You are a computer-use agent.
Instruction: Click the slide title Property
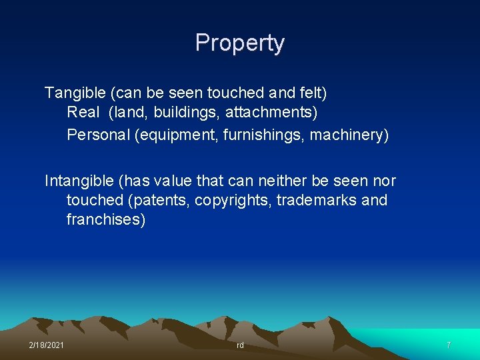coord(240,43)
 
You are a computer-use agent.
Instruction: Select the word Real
coord(83,113)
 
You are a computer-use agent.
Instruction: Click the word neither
coord(300,181)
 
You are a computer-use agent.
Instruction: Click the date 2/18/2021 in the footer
coord(47,345)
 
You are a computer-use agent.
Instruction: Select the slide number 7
coord(449,345)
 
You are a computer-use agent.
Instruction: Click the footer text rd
coord(240,345)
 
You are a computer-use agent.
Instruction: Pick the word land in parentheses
coord(128,114)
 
